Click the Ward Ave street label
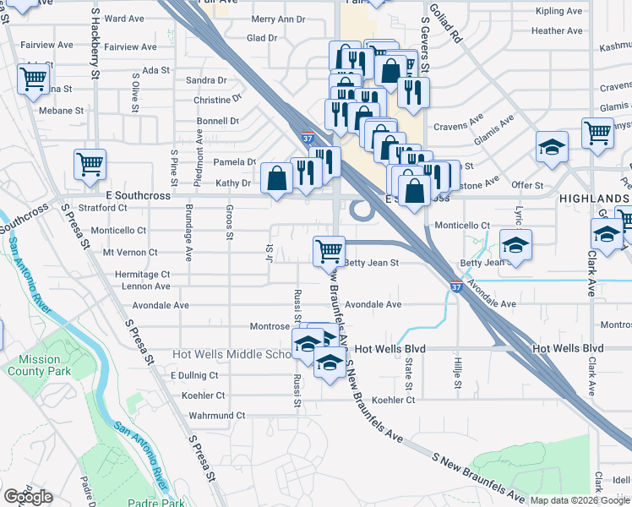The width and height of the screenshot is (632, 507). (x=124, y=18)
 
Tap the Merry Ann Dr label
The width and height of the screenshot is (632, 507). (x=278, y=19)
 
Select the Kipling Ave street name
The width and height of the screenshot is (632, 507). (x=558, y=12)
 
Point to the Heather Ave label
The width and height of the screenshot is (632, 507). (x=557, y=31)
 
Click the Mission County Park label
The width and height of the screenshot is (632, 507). (x=34, y=365)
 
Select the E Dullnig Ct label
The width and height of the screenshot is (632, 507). (x=194, y=375)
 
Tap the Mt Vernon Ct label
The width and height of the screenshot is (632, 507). (x=130, y=252)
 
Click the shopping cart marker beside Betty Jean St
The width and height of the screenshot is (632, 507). (x=329, y=250)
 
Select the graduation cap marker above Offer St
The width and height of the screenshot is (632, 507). (x=552, y=147)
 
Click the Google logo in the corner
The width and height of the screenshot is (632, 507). (x=28, y=497)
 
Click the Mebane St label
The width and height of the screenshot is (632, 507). (x=61, y=110)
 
